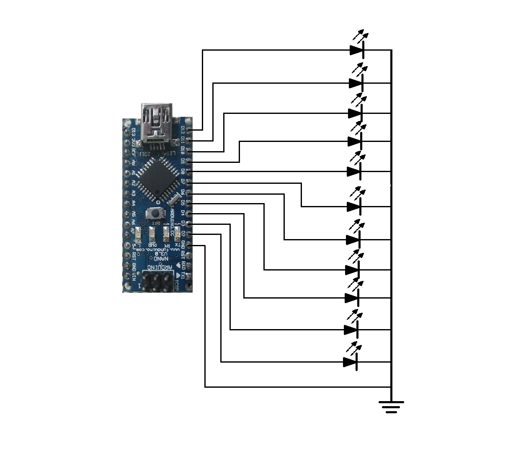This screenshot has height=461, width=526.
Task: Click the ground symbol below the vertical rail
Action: click(x=391, y=407)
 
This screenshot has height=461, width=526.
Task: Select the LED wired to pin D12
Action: click(x=357, y=50)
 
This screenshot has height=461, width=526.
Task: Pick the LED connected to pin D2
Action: click(x=351, y=362)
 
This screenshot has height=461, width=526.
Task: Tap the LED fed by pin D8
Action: click(x=354, y=172)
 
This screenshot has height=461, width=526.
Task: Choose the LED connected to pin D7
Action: click(x=354, y=206)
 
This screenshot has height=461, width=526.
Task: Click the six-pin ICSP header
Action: click(x=157, y=281)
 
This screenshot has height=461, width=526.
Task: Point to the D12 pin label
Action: click(x=183, y=130)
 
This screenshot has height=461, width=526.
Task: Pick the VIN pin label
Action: click(x=133, y=276)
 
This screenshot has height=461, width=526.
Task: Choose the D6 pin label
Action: click(x=183, y=192)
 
